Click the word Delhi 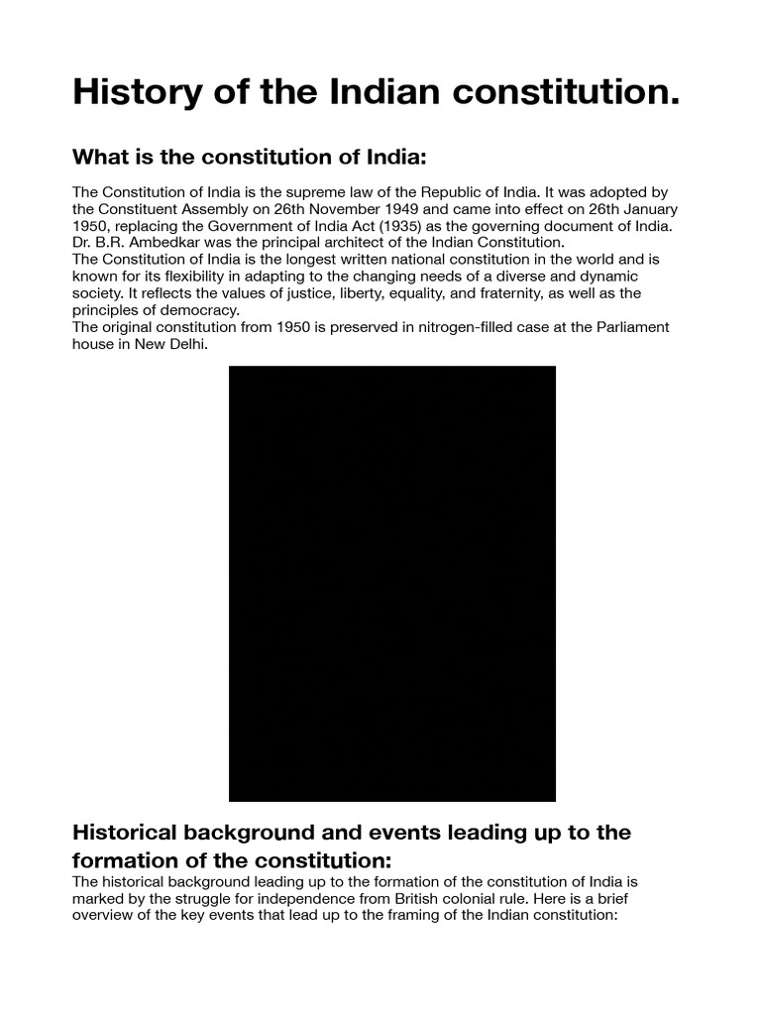point(188,343)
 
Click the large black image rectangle point(392,583)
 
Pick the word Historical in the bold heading point(130,832)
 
